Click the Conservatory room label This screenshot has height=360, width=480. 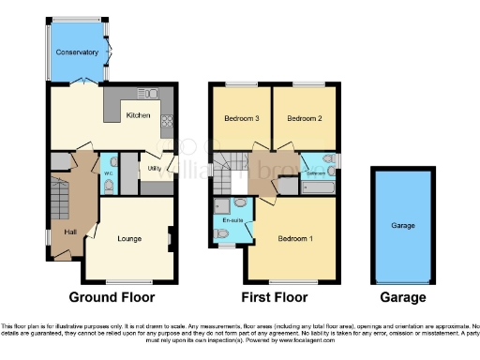(77, 52)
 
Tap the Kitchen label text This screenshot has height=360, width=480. (138, 115)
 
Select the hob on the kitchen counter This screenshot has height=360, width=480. (167, 120)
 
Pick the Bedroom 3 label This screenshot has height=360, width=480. (241, 119)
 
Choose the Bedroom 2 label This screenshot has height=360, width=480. (305, 119)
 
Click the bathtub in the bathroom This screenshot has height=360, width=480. (317, 187)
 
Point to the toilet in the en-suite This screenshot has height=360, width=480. (222, 233)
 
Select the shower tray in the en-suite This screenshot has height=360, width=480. (221, 203)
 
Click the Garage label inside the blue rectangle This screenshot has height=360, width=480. (402, 226)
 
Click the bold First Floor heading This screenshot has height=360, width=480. (275, 297)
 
